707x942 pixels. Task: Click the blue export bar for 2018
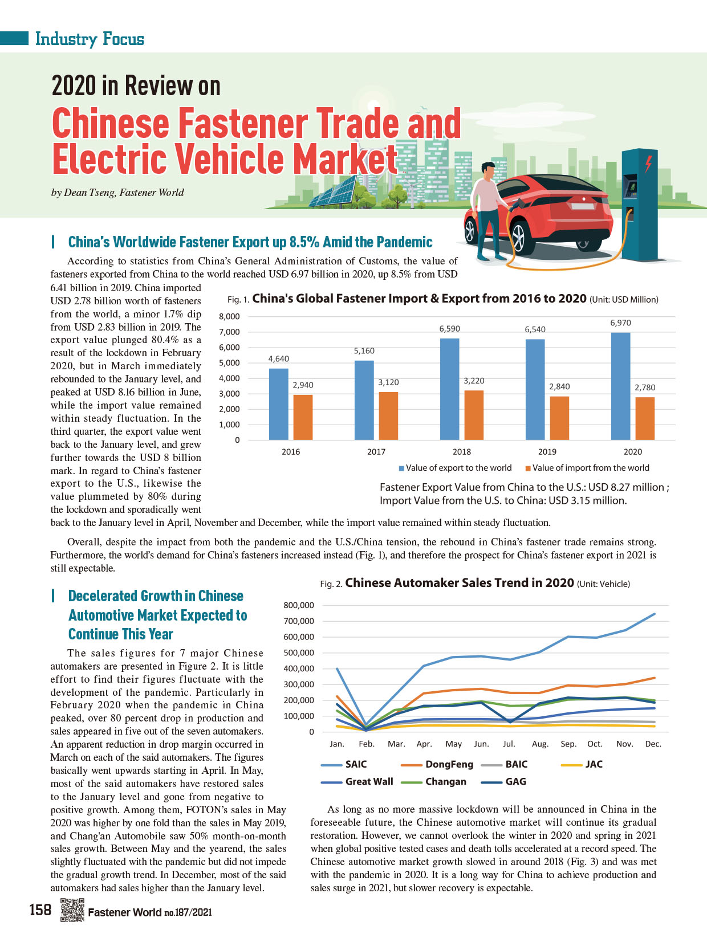(449, 389)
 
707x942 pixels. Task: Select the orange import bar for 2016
(303, 417)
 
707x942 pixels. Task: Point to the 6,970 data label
(620, 323)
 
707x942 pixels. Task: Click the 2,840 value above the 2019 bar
(559, 386)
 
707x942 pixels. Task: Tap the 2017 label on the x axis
(376, 451)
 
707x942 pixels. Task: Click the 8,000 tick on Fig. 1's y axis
(229, 317)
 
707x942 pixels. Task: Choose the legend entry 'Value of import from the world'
(587, 468)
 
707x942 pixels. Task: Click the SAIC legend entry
(344, 764)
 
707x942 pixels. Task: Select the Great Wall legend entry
(357, 781)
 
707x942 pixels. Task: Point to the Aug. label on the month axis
(540, 744)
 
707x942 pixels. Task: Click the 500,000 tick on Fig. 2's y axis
(299, 653)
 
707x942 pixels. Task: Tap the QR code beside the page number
(72, 910)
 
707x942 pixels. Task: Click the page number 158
(40, 910)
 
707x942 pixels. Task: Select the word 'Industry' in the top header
(66, 39)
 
